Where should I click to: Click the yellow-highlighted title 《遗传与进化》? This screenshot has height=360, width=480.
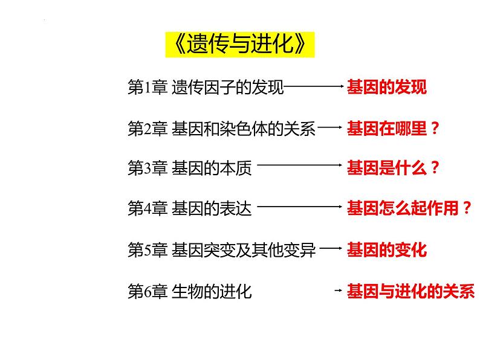(240, 45)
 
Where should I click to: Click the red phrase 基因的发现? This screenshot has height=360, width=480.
(386, 88)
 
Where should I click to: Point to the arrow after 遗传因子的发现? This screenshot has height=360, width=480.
(314, 88)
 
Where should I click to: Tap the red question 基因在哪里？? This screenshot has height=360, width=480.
(393, 128)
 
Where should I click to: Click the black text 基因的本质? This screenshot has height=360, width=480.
(211, 169)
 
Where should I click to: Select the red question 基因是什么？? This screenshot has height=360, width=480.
(393, 169)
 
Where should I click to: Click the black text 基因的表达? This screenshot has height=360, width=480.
(211, 210)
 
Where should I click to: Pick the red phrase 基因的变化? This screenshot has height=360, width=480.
(386, 250)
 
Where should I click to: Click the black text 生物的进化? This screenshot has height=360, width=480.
(211, 291)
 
